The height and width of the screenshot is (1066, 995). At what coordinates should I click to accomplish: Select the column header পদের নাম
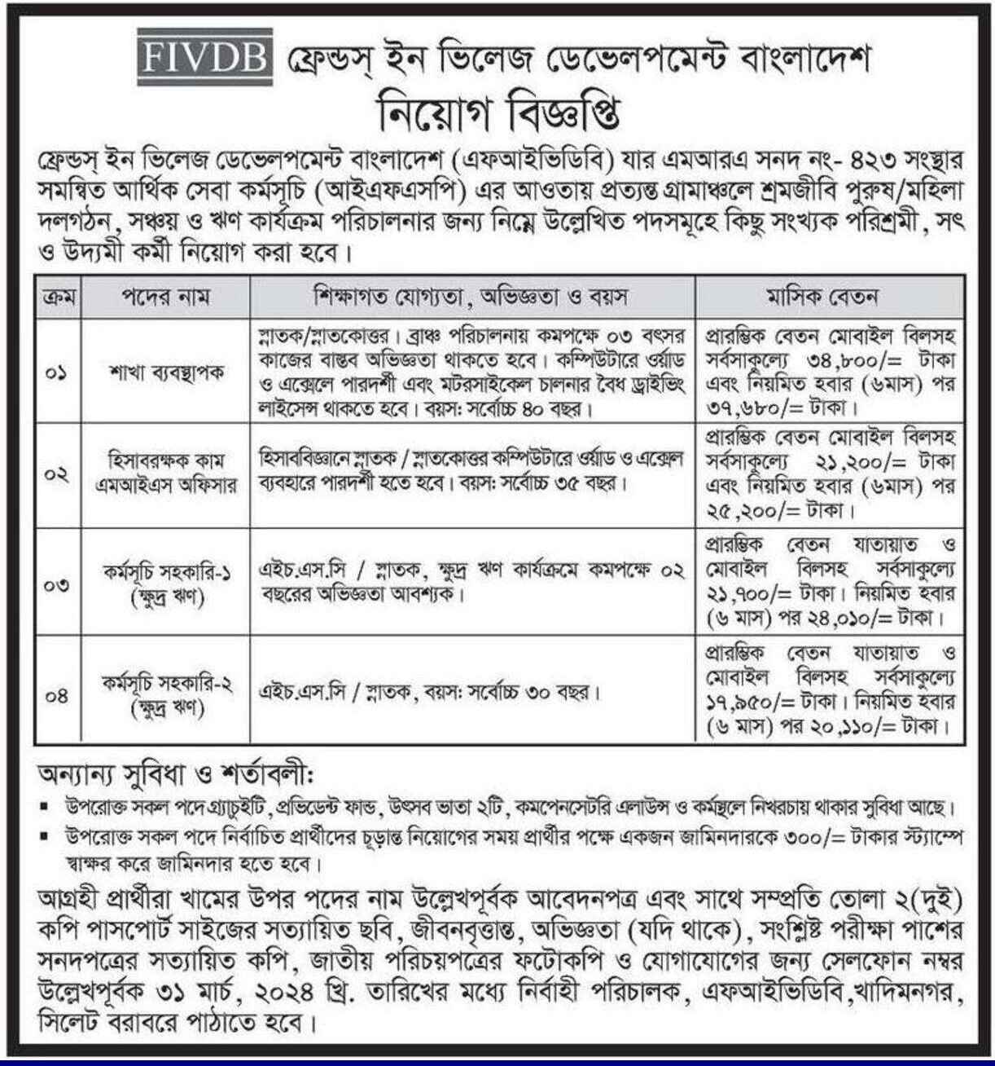tap(165, 297)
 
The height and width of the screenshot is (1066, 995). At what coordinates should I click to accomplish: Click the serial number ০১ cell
tap(57, 373)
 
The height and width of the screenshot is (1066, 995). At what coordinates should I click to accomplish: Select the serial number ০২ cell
tap(57, 474)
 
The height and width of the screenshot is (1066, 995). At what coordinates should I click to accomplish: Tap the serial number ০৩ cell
tap(57, 584)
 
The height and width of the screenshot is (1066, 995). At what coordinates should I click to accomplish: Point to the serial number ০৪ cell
tap(57, 695)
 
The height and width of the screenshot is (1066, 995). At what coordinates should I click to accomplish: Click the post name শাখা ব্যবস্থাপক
tap(165, 373)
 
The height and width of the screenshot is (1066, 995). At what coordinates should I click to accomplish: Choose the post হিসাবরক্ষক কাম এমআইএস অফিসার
tap(165, 473)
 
